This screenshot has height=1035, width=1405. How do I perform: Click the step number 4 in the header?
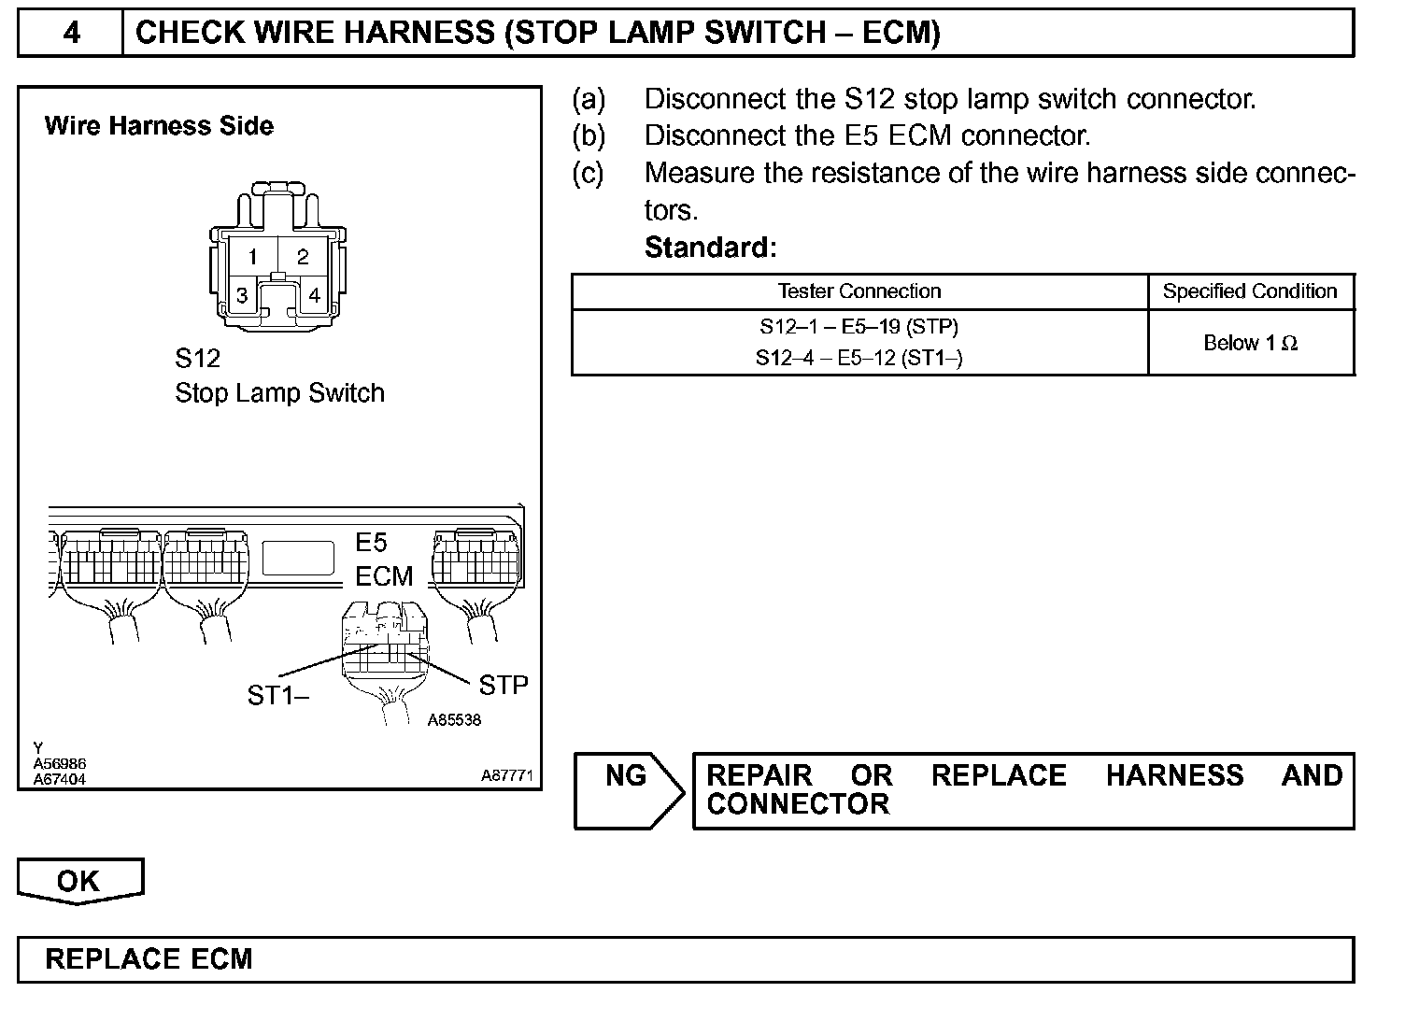[x=71, y=34]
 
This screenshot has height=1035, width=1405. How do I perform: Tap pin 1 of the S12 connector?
[x=252, y=257]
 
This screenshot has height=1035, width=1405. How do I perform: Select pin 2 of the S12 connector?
[x=303, y=257]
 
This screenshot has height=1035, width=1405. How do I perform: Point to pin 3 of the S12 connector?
[x=242, y=296]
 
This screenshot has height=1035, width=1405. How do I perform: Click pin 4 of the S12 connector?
[x=315, y=296]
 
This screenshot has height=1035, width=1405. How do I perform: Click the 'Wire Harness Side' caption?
[x=159, y=126]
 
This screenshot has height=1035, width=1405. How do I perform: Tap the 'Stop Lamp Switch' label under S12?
[x=279, y=393]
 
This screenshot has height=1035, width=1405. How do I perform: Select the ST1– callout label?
[x=277, y=695]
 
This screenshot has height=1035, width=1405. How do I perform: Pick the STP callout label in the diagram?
[x=503, y=686]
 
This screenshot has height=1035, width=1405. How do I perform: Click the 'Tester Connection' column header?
[x=859, y=291]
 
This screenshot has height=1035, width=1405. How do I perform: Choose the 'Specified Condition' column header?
[x=1250, y=291]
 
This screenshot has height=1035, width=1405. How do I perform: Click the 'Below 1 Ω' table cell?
[x=1250, y=343]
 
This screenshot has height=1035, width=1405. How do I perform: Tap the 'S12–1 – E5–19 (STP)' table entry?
[x=859, y=327]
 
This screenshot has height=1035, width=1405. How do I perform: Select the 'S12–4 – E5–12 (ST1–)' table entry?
[x=859, y=358]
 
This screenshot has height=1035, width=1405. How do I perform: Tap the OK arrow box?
[x=78, y=881]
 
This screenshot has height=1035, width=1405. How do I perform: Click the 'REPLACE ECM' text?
[x=149, y=959]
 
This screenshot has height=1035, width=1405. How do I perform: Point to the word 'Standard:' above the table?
[x=710, y=248]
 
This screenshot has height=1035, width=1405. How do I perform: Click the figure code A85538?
[x=454, y=720]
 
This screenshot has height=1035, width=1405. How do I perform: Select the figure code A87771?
[x=507, y=775]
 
